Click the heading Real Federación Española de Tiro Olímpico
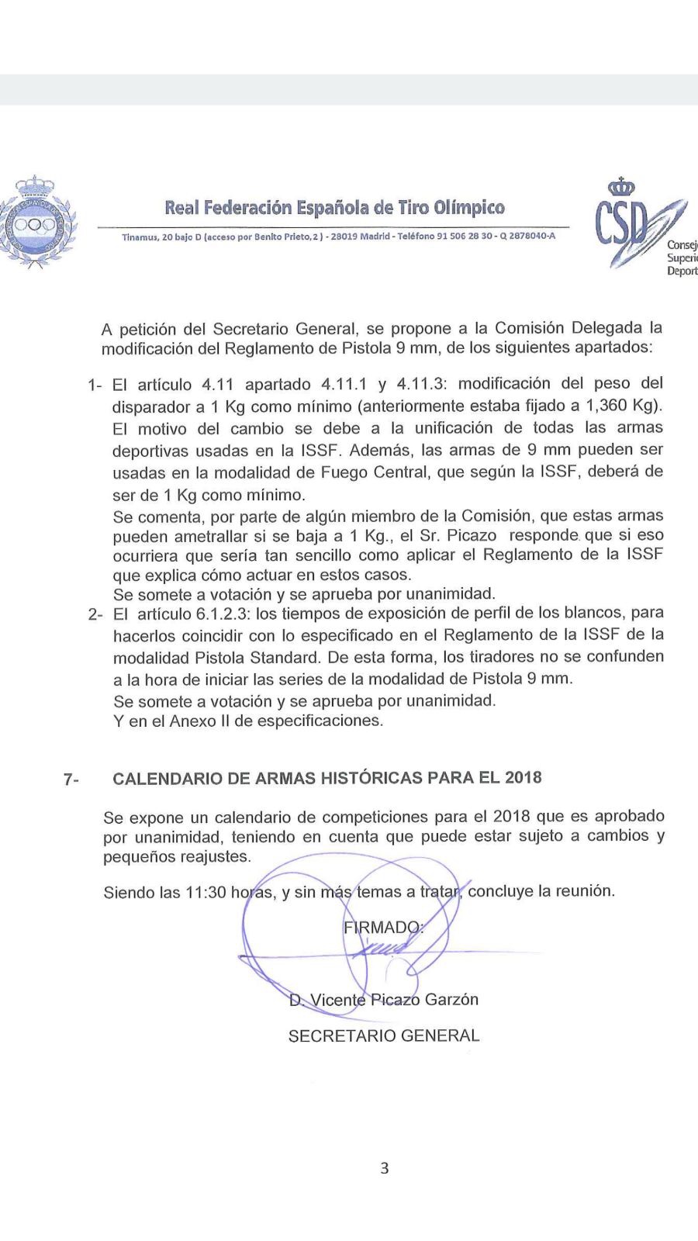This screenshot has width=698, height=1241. click(x=334, y=208)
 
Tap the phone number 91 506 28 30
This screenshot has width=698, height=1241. click(x=464, y=236)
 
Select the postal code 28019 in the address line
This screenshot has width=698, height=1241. click(x=345, y=236)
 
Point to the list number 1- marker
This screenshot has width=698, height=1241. click(x=95, y=385)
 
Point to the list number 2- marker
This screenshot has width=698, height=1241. click(x=95, y=615)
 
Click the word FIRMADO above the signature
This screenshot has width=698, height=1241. click(x=381, y=928)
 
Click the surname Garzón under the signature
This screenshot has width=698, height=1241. click(x=451, y=1000)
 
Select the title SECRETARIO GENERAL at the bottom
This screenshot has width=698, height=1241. click(x=384, y=1036)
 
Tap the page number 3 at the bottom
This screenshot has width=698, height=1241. click(x=385, y=1168)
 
